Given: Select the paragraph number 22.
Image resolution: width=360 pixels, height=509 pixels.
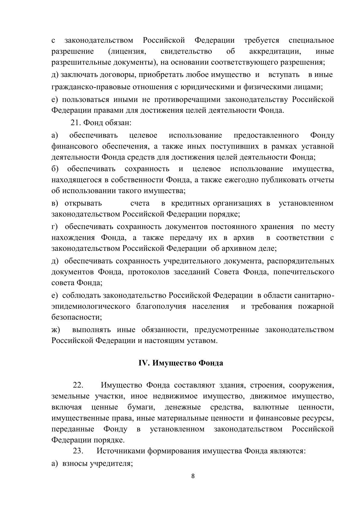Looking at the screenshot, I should (x=78, y=385).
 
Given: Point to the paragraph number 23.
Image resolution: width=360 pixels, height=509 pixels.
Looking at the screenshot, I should (x=78, y=451).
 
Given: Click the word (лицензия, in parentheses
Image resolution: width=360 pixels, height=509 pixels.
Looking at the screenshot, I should (x=127, y=51).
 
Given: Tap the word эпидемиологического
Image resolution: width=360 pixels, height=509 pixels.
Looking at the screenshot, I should (x=91, y=306).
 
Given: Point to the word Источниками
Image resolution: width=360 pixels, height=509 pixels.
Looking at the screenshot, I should (x=121, y=451).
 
